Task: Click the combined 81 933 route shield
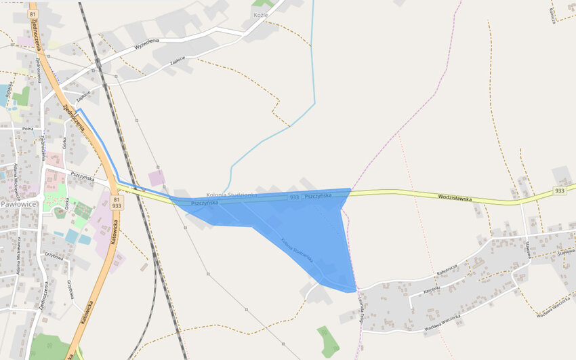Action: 117,202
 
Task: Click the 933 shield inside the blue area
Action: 294,197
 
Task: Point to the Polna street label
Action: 28,127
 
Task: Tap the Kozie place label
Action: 261,14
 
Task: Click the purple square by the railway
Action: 157,178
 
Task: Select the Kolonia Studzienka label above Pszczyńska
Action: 231,195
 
